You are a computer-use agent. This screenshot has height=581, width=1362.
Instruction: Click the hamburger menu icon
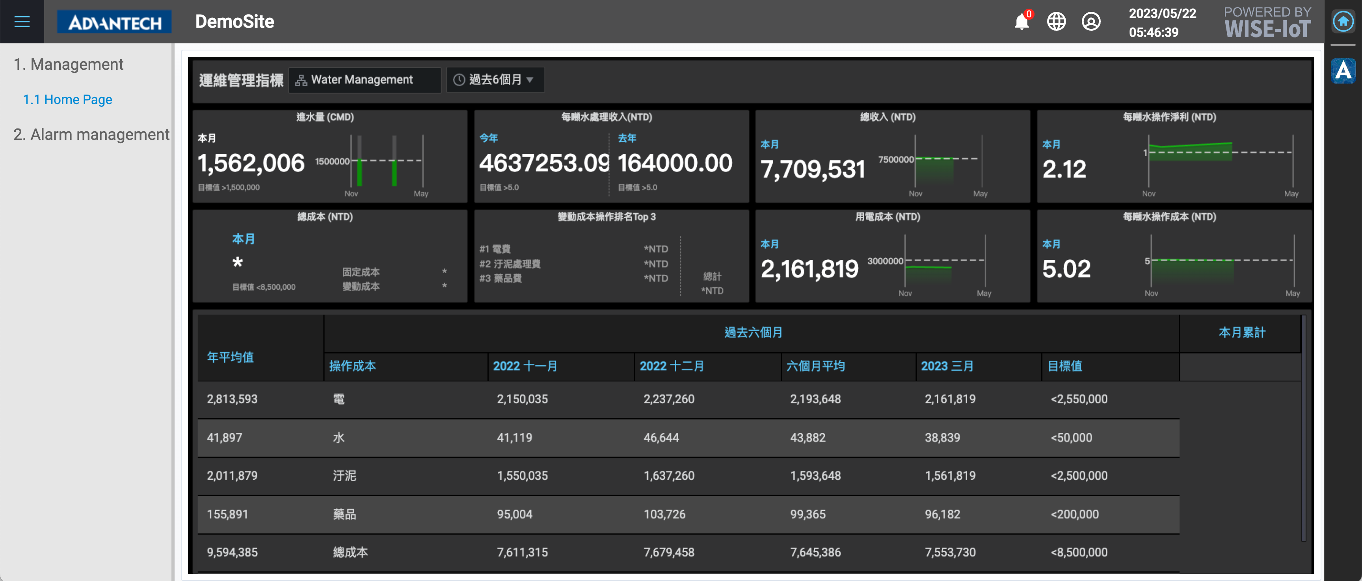pos(22,22)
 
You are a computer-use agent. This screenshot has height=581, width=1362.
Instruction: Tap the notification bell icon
pos(1021,22)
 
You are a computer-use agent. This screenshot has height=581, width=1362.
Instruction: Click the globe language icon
pos(1057,22)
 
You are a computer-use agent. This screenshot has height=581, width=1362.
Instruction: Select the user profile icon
pos(1091,22)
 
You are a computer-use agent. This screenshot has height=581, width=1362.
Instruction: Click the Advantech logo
pos(114,22)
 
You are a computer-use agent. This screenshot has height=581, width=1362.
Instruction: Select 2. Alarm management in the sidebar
pos(91,135)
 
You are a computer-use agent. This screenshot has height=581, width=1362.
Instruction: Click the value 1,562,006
pos(251,163)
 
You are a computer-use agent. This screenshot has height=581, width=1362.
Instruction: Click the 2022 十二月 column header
pos(672,366)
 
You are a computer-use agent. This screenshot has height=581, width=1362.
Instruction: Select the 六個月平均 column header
pos(815,366)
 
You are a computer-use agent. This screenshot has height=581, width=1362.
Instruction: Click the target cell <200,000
pos(1074,514)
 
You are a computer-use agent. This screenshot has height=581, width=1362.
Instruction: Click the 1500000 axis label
pos(332,161)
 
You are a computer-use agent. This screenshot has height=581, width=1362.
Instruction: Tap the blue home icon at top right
pos(1343,22)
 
